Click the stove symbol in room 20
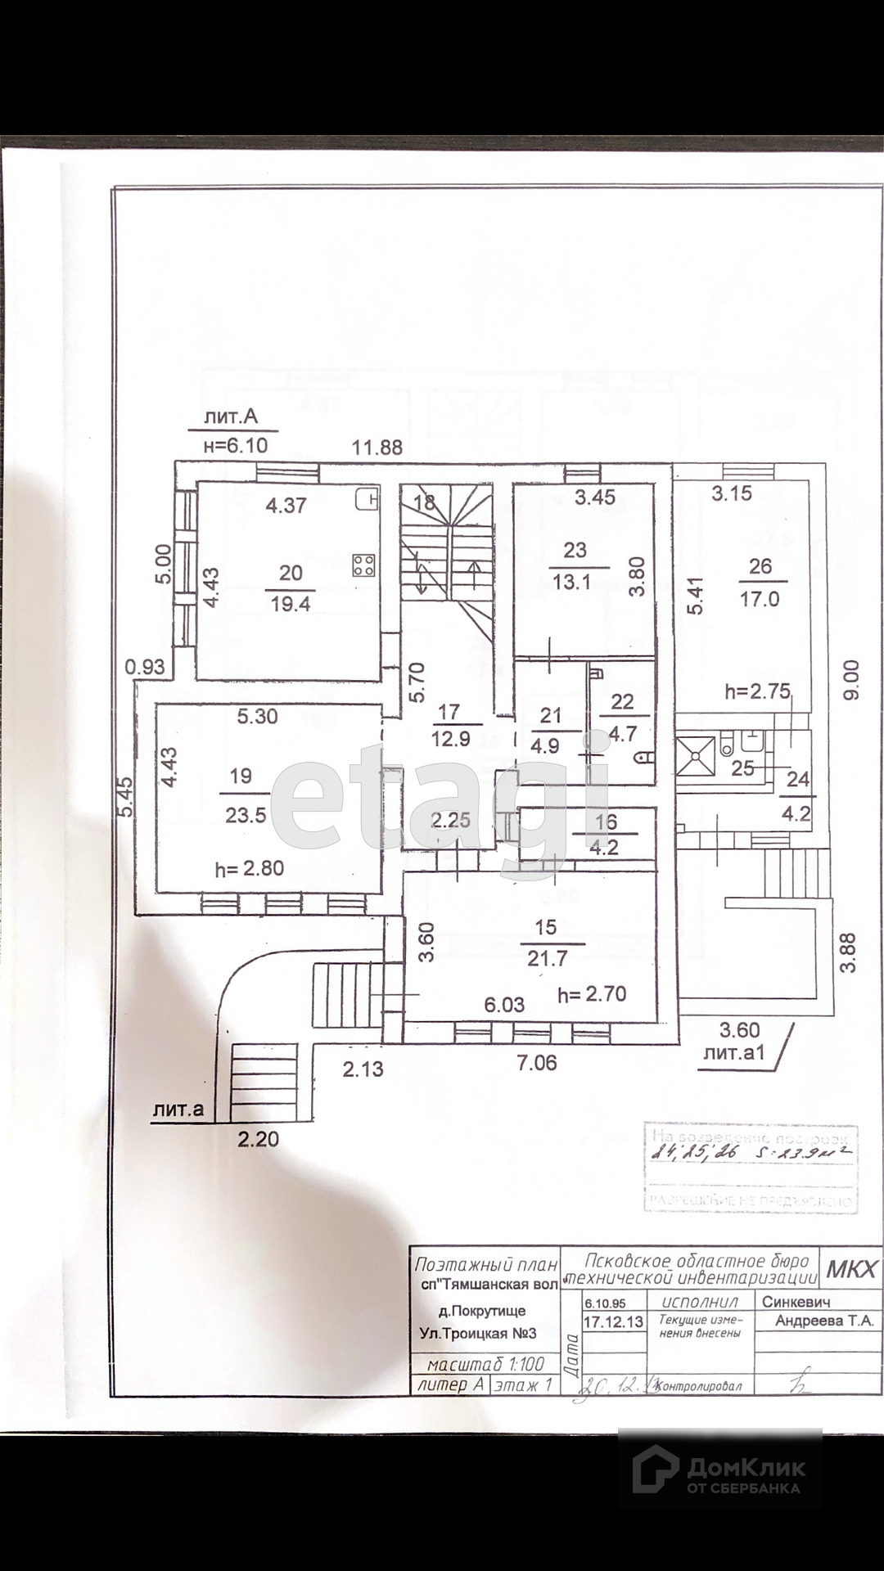(x=364, y=565)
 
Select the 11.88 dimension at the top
(x=377, y=447)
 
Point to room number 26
(x=760, y=566)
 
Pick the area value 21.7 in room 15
(x=547, y=957)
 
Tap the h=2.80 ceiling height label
(x=249, y=868)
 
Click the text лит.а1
(x=733, y=1052)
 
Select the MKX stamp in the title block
(x=850, y=1269)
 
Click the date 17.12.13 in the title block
(x=613, y=1321)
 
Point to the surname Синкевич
(x=796, y=1302)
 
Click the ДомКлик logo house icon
(x=656, y=1470)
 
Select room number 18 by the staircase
(x=424, y=502)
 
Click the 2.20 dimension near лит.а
(x=258, y=1138)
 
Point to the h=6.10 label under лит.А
(x=235, y=445)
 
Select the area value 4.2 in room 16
(x=604, y=848)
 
